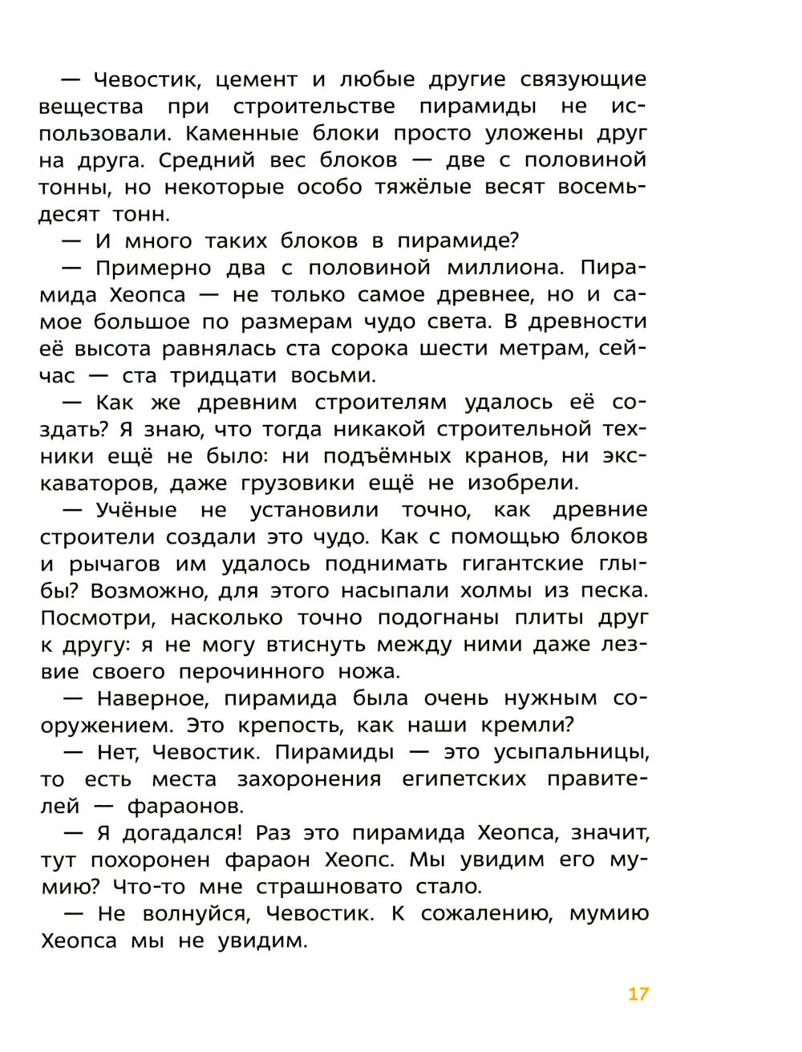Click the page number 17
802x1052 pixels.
coord(638,994)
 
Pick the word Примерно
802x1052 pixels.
coord(159,268)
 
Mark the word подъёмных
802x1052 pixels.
coord(391,456)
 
